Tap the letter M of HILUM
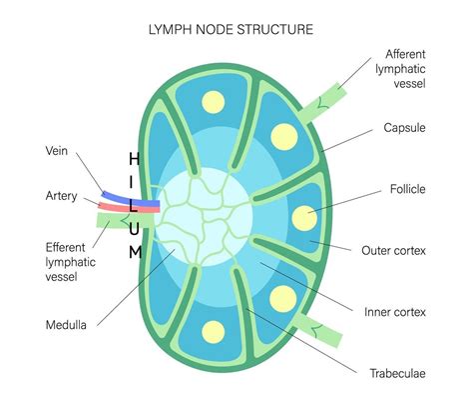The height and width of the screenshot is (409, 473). [134, 252]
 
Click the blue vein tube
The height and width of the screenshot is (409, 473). [119, 192]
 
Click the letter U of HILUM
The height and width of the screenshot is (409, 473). [134, 229]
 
